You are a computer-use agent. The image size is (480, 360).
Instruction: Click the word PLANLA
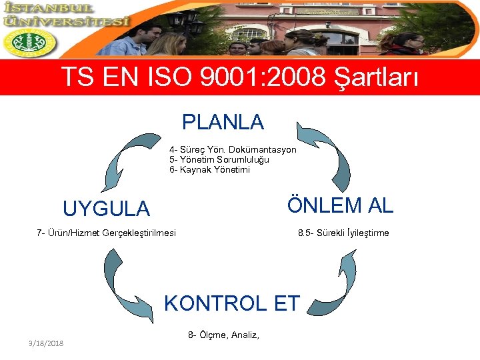pos(223,122)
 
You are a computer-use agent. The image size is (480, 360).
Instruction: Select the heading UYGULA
pos(106,209)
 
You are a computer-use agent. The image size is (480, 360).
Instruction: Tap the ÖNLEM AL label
pos(340,205)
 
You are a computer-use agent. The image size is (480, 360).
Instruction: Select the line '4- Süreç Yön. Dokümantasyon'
pos(232,150)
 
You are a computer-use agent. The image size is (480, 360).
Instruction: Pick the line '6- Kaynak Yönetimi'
pos(209,170)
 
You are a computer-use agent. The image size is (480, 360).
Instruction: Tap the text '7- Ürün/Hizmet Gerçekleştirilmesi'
pos(107,233)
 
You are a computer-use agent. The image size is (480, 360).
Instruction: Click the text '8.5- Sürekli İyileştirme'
pos(343,233)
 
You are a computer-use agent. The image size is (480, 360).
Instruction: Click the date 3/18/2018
pos(46,343)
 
